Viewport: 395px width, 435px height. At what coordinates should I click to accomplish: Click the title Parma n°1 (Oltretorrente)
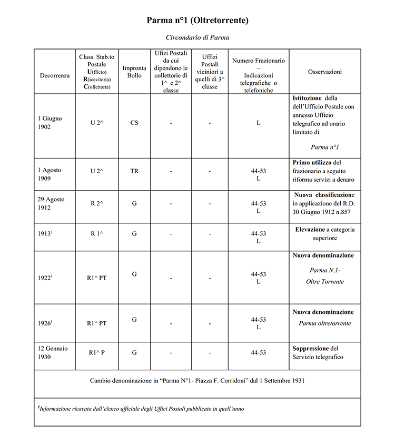(197, 21)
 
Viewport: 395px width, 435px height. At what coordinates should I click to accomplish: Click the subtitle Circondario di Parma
(197, 38)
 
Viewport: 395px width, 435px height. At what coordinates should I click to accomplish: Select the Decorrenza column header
(54, 75)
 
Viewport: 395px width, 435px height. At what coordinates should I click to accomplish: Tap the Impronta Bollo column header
(134, 72)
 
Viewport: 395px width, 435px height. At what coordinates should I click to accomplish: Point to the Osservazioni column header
(324, 72)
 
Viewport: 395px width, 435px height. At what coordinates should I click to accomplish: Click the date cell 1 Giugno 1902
(50, 123)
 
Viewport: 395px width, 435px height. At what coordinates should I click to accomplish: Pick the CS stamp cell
(134, 123)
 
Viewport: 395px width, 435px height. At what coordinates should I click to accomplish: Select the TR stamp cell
(134, 171)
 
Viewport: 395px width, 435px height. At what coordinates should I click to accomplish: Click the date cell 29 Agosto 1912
(52, 203)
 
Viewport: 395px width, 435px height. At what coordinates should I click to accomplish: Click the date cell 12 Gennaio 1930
(53, 353)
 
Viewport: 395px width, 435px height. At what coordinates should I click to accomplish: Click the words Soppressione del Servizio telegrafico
(318, 353)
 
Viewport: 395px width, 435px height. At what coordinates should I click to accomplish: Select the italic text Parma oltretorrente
(324, 323)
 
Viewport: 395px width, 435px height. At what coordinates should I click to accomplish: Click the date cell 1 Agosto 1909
(50, 175)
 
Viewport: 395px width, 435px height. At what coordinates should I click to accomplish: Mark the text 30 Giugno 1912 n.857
(323, 211)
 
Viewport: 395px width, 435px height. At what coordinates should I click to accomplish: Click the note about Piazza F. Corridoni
(197, 380)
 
